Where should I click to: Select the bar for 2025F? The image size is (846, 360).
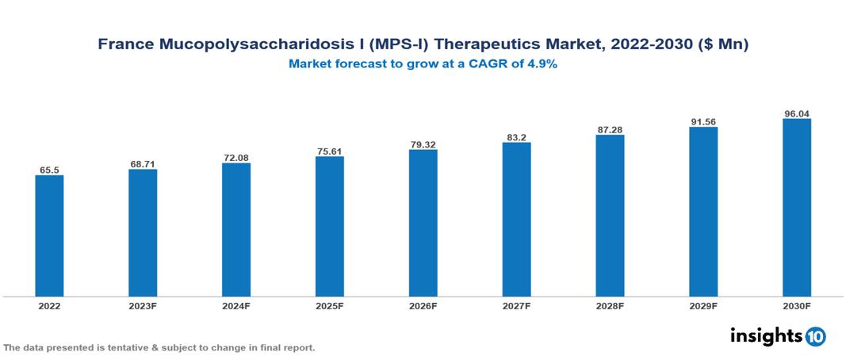click(329, 227)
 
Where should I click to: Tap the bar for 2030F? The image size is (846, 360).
click(796, 208)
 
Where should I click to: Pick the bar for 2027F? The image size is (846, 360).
click(516, 220)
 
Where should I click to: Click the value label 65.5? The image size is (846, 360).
click(49, 170)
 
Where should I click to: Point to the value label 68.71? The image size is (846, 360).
click(143, 164)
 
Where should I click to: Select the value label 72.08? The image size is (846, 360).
click(236, 158)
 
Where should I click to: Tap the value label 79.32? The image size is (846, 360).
click(423, 144)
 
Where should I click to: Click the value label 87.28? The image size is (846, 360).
click(610, 129)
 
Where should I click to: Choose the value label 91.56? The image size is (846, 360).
click(703, 121)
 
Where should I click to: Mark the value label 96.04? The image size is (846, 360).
click(796, 113)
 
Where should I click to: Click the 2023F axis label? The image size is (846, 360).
click(143, 306)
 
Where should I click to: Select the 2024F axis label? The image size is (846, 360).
click(236, 306)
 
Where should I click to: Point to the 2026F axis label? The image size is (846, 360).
click(423, 306)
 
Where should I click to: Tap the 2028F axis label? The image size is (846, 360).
click(610, 306)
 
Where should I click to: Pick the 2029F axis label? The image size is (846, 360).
click(703, 306)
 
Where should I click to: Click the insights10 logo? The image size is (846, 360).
click(778, 335)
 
